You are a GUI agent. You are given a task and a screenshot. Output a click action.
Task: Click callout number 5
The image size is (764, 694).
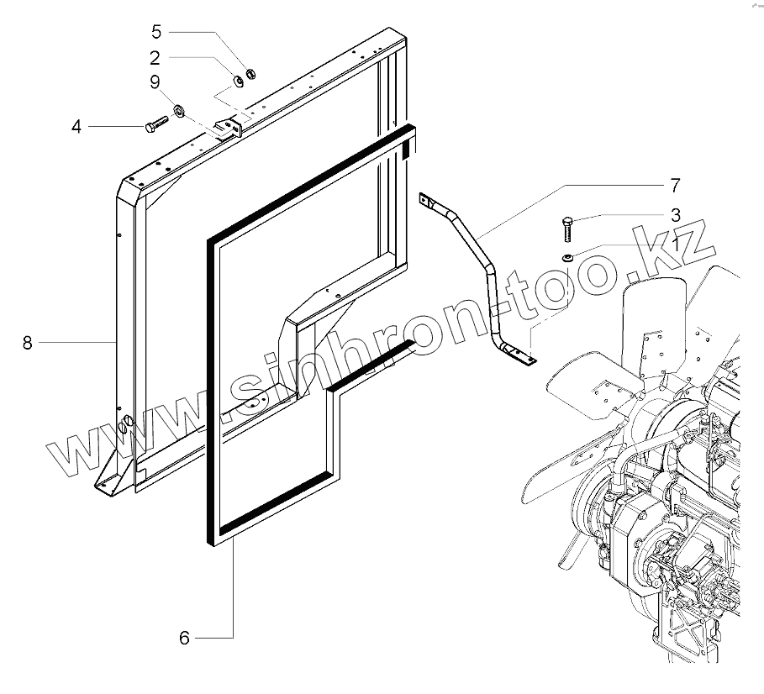pos(155,32)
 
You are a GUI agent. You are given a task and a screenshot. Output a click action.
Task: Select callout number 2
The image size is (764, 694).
pos(155,57)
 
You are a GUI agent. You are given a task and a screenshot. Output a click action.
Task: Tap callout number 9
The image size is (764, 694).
pos(155,81)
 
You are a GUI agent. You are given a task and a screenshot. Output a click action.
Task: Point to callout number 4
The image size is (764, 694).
pos(76,127)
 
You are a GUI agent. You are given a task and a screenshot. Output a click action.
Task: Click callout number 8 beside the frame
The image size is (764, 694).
pos(28,343)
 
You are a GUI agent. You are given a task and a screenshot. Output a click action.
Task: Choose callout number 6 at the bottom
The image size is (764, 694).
pos(184,638)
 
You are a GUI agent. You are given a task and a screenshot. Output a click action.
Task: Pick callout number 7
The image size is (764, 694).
pos(675,184)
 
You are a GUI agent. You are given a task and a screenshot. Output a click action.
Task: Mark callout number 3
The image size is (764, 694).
pos(675,215)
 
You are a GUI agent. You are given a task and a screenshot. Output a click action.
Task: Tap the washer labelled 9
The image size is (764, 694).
pos(179,110)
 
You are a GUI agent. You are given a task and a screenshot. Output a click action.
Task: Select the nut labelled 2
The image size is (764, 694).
pos(238,81)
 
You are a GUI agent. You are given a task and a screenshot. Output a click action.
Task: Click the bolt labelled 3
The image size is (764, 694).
pos(566,226)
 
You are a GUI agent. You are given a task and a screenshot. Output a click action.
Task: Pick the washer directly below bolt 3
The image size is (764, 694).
pos(567,256)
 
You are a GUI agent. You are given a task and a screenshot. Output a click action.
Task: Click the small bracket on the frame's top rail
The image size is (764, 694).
pos(229,127)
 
